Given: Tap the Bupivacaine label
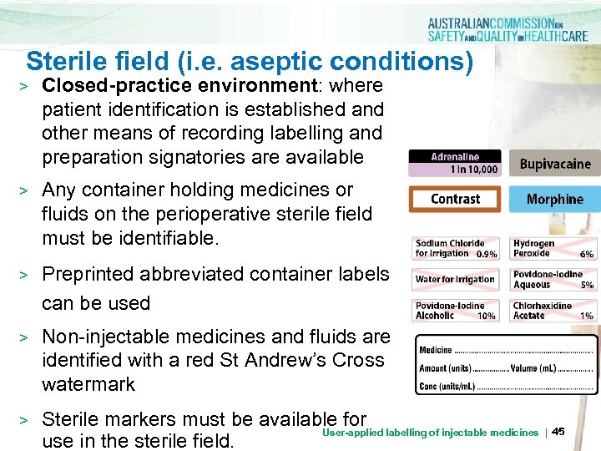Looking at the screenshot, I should (554, 164).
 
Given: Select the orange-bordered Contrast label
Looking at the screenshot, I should (455, 199).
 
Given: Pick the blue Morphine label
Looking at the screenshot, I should (554, 199).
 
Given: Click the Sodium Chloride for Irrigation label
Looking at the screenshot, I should (456, 248).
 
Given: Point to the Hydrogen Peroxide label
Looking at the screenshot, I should (553, 248).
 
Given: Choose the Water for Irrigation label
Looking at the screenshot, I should (456, 279).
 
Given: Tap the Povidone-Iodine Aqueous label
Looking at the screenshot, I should (553, 279).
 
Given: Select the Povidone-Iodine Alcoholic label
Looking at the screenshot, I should (456, 311).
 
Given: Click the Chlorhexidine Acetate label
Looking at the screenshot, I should (553, 311).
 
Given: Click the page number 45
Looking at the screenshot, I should (558, 431).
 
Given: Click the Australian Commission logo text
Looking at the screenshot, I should (510, 30).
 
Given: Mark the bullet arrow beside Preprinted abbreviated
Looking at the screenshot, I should (25, 275).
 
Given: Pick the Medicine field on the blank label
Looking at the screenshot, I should (437, 351).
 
